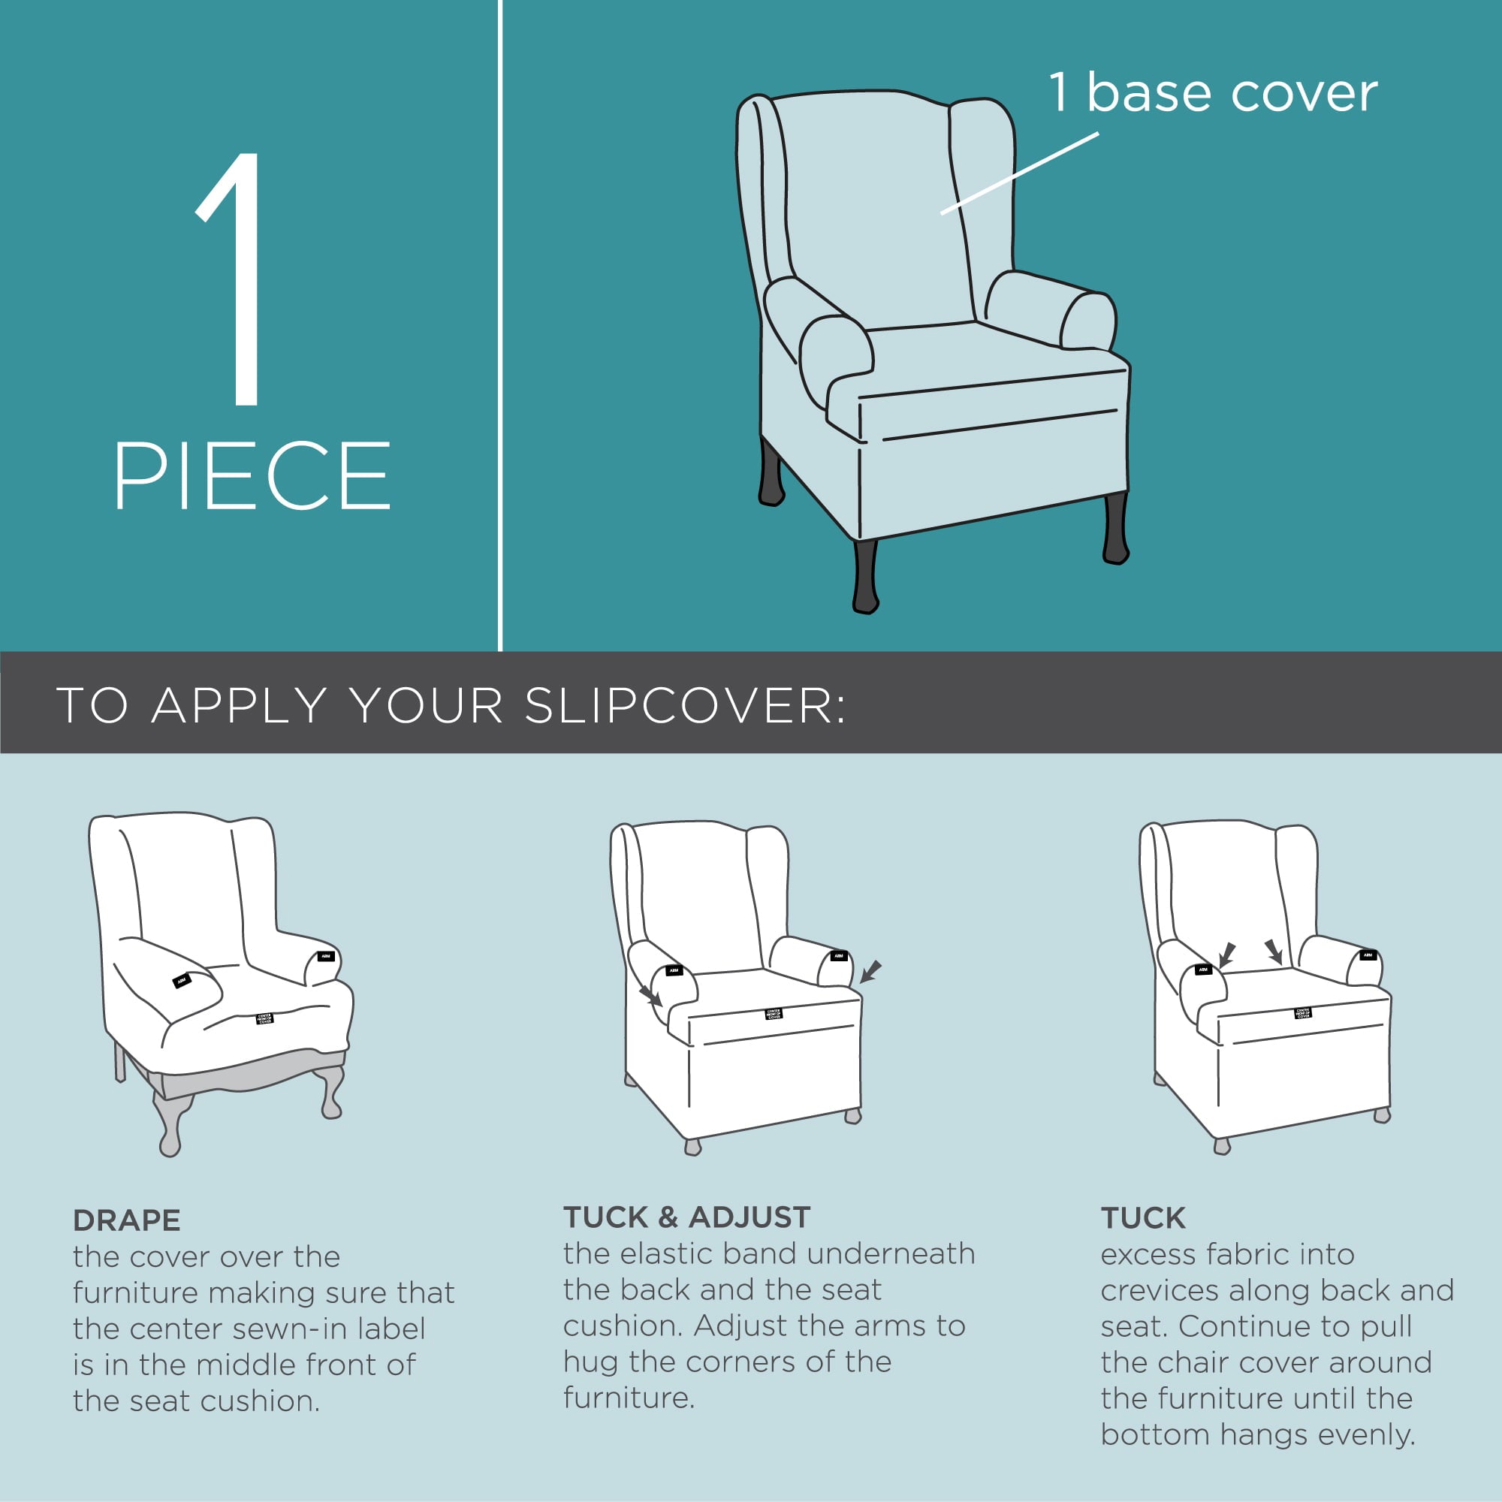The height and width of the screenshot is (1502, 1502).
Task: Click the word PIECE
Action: (x=252, y=476)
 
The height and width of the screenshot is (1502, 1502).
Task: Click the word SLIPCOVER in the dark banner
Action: (x=685, y=705)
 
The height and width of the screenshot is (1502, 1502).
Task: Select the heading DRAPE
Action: (x=127, y=1220)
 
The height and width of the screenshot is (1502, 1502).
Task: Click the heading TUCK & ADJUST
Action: (x=686, y=1217)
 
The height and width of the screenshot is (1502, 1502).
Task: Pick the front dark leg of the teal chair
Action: (x=865, y=576)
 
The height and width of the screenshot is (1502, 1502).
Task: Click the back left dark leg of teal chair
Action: (x=771, y=474)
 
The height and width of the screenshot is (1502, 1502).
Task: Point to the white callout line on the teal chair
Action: (x=1018, y=173)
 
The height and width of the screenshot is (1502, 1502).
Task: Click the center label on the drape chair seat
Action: (x=264, y=1018)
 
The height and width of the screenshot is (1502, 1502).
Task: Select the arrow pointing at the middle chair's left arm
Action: (x=650, y=996)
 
